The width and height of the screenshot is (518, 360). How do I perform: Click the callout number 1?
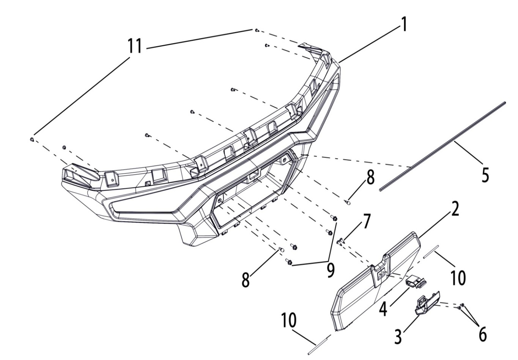pyautogui.click(x=404, y=25)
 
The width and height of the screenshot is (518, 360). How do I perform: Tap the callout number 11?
pyautogui.click(x=135, y=46)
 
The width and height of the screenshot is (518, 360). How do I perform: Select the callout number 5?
pyautogui.click(x=485, y=175)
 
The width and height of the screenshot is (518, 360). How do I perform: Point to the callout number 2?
pyautogui.click(x=454, y=209)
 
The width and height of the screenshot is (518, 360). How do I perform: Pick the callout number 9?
pyautogui.click(x=331, y=270)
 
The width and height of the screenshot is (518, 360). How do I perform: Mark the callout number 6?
pyautogui.click(x=482, y=334)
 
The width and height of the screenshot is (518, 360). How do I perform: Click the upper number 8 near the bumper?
pyautogui.click(x=370, y=178)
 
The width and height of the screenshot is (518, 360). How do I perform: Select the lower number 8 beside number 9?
pyautogui.click(x=246, y=280)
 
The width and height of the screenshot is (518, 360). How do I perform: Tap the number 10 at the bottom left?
pyautogui.click(x=289, y=321)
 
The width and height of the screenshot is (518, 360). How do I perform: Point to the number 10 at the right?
pyautogui.click(x=458, y=278)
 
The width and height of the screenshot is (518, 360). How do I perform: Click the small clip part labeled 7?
pyautogui.click(x=340, y=240)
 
